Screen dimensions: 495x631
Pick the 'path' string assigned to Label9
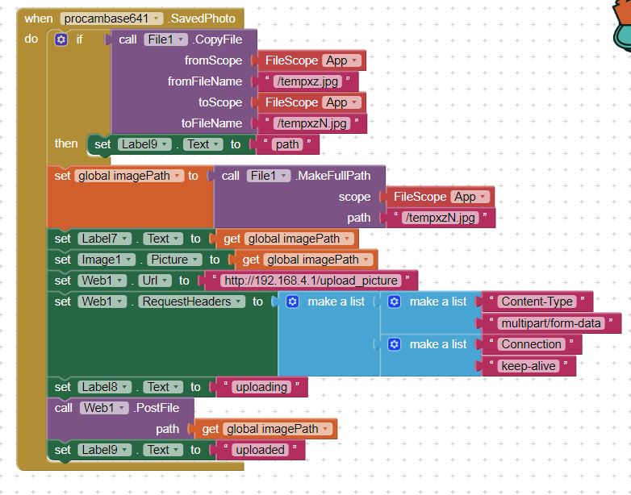286,144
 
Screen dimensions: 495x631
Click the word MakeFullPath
339,175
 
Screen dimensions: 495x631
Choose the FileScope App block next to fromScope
310,60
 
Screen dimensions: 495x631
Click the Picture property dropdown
173,260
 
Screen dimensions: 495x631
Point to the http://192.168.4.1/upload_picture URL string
311,281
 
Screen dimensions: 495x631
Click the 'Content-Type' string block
537,302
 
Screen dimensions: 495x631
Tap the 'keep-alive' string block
528,365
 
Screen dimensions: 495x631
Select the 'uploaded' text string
259,450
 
